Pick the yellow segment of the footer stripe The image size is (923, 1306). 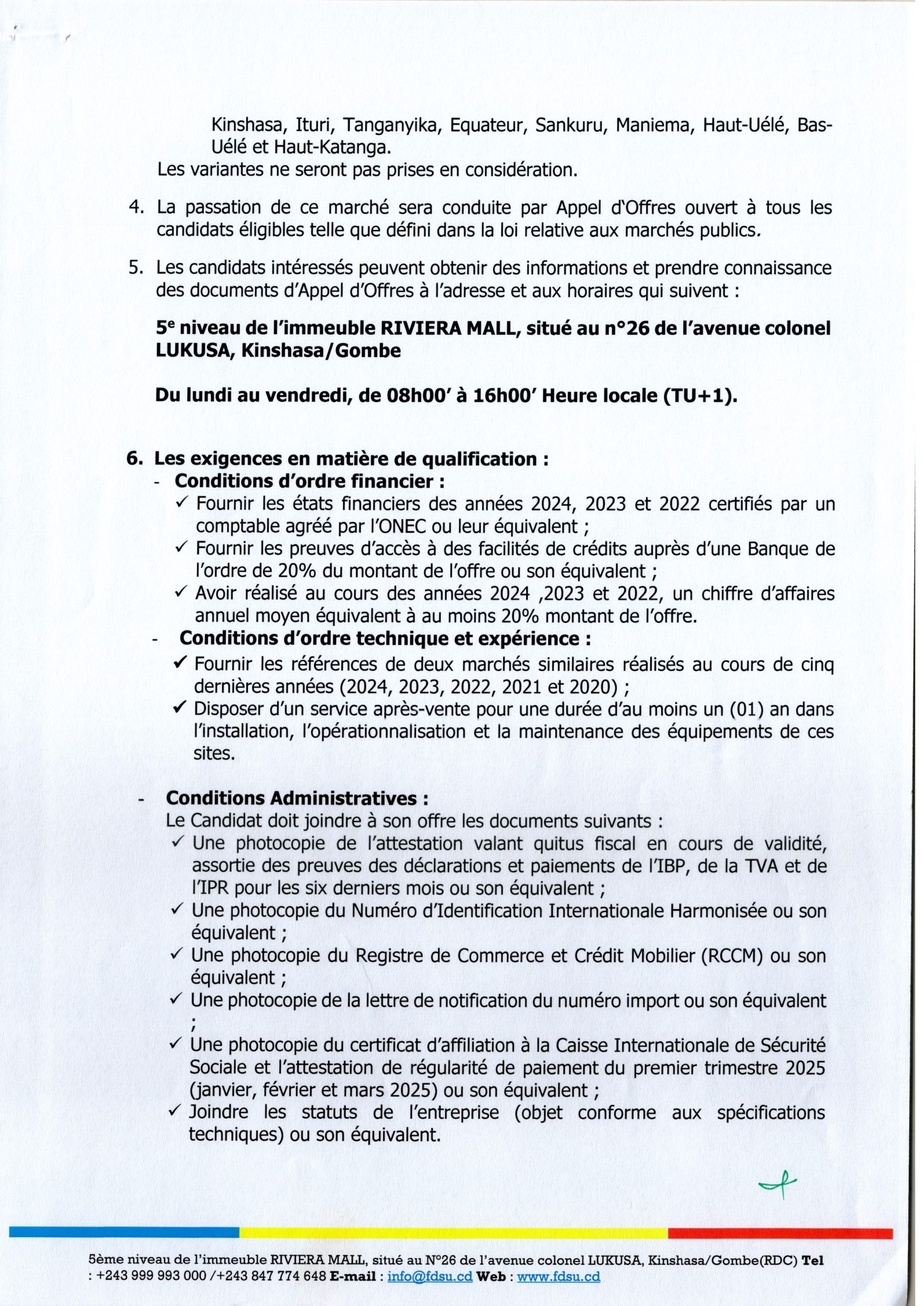point(453,1233)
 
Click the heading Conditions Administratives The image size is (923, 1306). point(296,798)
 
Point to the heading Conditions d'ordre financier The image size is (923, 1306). point(309,481)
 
